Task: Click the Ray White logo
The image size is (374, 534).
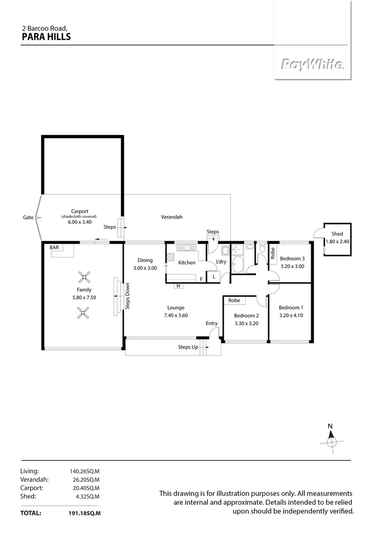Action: coord(313,64)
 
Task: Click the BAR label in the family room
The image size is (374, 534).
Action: coord(54,248)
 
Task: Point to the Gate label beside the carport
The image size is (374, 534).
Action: coord(28,217)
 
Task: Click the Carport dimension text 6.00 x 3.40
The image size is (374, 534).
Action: coord(79,222)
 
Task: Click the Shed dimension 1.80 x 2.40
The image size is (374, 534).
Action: coord(337,241)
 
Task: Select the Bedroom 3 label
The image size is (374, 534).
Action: coord(292,259)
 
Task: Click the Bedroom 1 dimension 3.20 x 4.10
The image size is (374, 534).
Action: coord(291,314)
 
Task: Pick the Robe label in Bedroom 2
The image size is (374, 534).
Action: coord(234,300)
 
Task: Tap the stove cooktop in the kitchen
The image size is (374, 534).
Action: coord(170,257)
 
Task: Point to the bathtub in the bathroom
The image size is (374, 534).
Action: coord(238,265)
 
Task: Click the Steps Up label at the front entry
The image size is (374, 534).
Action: coord(188,347)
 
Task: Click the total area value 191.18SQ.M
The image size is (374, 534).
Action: coord(84,513)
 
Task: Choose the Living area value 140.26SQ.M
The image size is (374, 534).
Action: coord(85,471)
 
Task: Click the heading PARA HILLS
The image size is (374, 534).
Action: coord(46,37)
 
